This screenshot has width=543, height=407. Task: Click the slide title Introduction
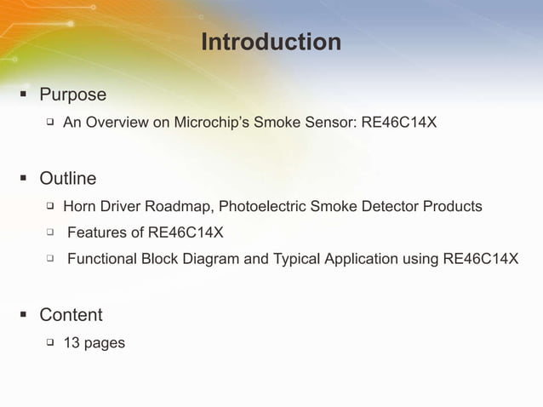(271, 41)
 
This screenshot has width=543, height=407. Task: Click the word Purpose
(72, 95)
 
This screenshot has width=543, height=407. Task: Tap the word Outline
(67, 179)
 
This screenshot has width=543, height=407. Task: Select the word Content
(71, 315)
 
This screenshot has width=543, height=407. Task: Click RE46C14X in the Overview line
(399, 123)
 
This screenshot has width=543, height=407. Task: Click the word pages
(105, 344)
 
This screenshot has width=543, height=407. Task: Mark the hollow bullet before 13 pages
(50, 342)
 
